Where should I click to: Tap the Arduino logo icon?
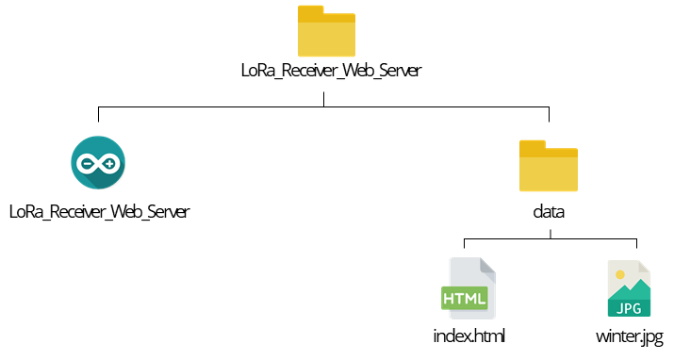pyautogui.click(x=99, y=163)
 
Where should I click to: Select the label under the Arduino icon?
pyautogui.click(x=99, y=211)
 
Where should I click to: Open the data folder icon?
pyautogui.click(x=549, y=167)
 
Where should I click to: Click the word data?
pyautogui.click(x=549, y=211)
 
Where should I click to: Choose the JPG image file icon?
pyautogui.click(x=630, y=289)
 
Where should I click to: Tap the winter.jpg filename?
pyautogui.click(x=630, y=336)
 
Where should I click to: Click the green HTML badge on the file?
pyautogui.click(x=465, y=299)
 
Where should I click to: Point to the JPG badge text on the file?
pyautogui.click(x=629, y=308)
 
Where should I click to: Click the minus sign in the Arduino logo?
pyautogui.click(x=88, y=163)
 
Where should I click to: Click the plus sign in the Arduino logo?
pyautogui.click(x=110, y=163)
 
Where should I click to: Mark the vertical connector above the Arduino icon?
pyautogui.click(x=99, y=114)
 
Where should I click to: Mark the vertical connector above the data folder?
pyautogui.click(x=549, y=114)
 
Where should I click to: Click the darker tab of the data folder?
pyautogui.click(x=534, y=147)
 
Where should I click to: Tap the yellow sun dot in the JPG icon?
pyautogui.click(x=619, y=274)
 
